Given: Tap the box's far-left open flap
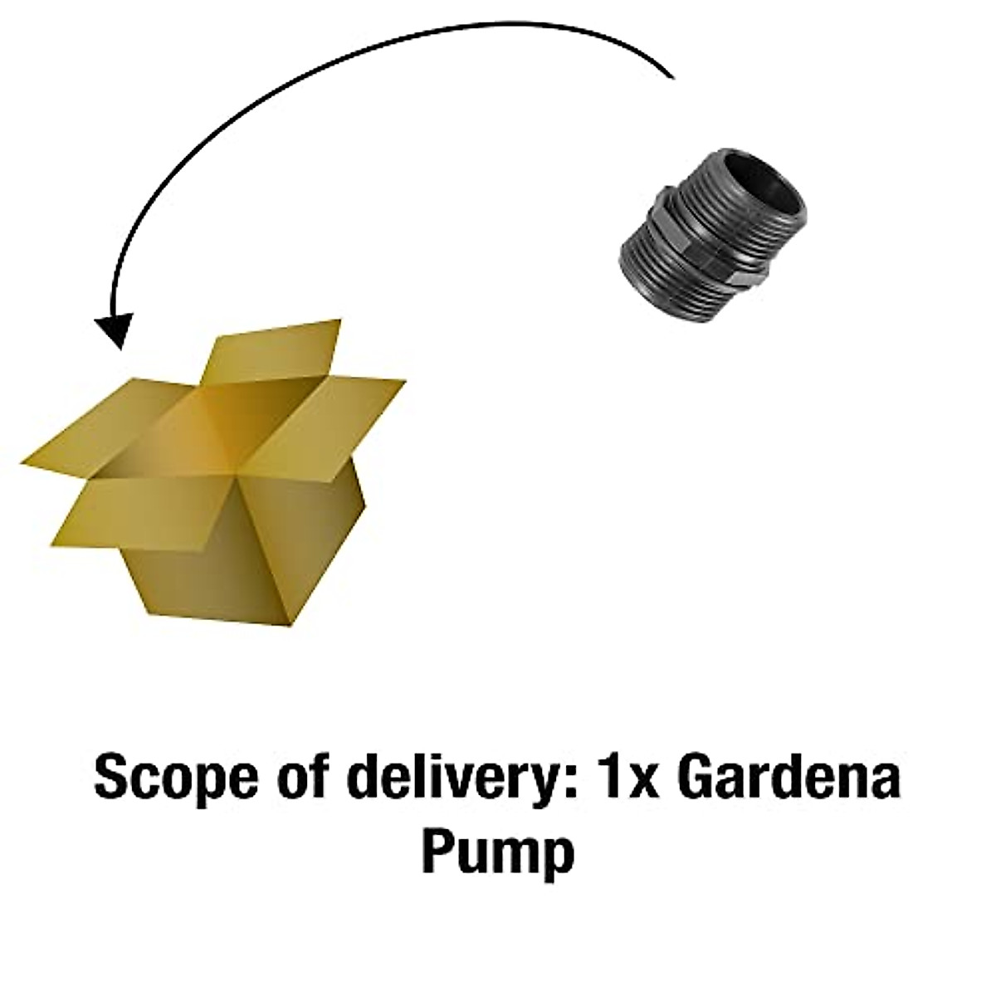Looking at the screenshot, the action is click(x=91, y=440).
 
